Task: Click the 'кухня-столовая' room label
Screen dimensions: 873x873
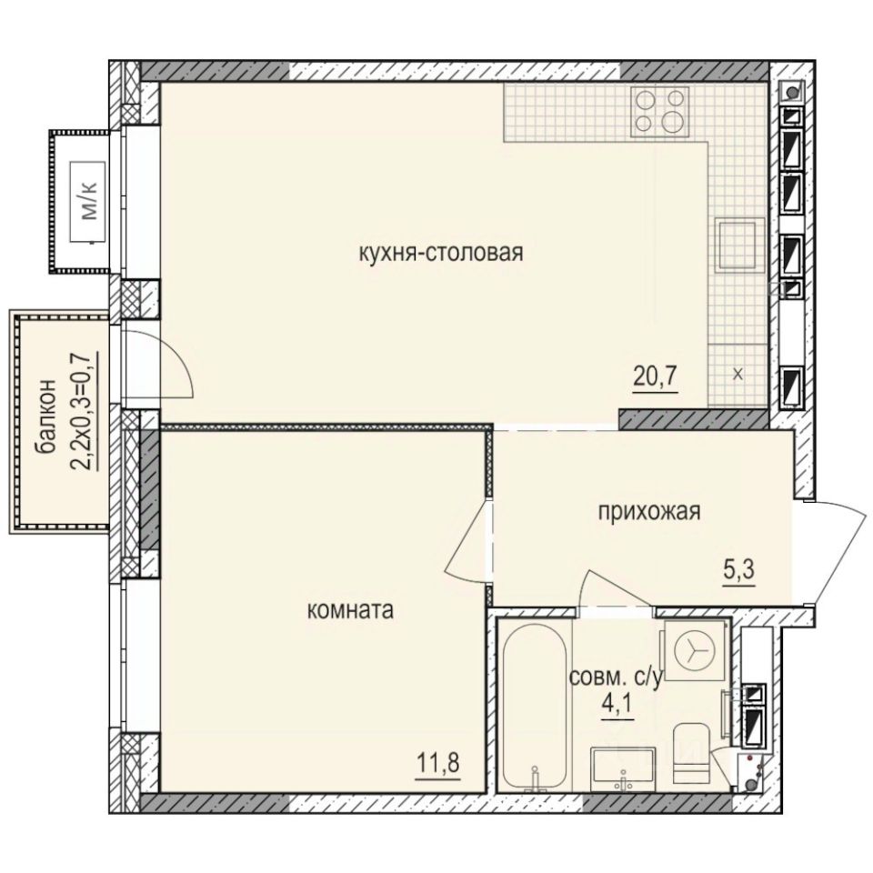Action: [441, 253]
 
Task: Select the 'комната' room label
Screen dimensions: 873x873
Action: [351, 610]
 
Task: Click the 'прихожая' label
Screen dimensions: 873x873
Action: [648, 512]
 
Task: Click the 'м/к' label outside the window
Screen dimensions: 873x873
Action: [90, 204]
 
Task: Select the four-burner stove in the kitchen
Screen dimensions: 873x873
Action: [661, 111]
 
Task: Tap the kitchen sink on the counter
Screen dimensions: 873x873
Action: [735, 246]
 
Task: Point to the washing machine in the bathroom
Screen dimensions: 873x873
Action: [694, 648]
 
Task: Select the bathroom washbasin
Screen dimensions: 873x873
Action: [624, 768]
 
